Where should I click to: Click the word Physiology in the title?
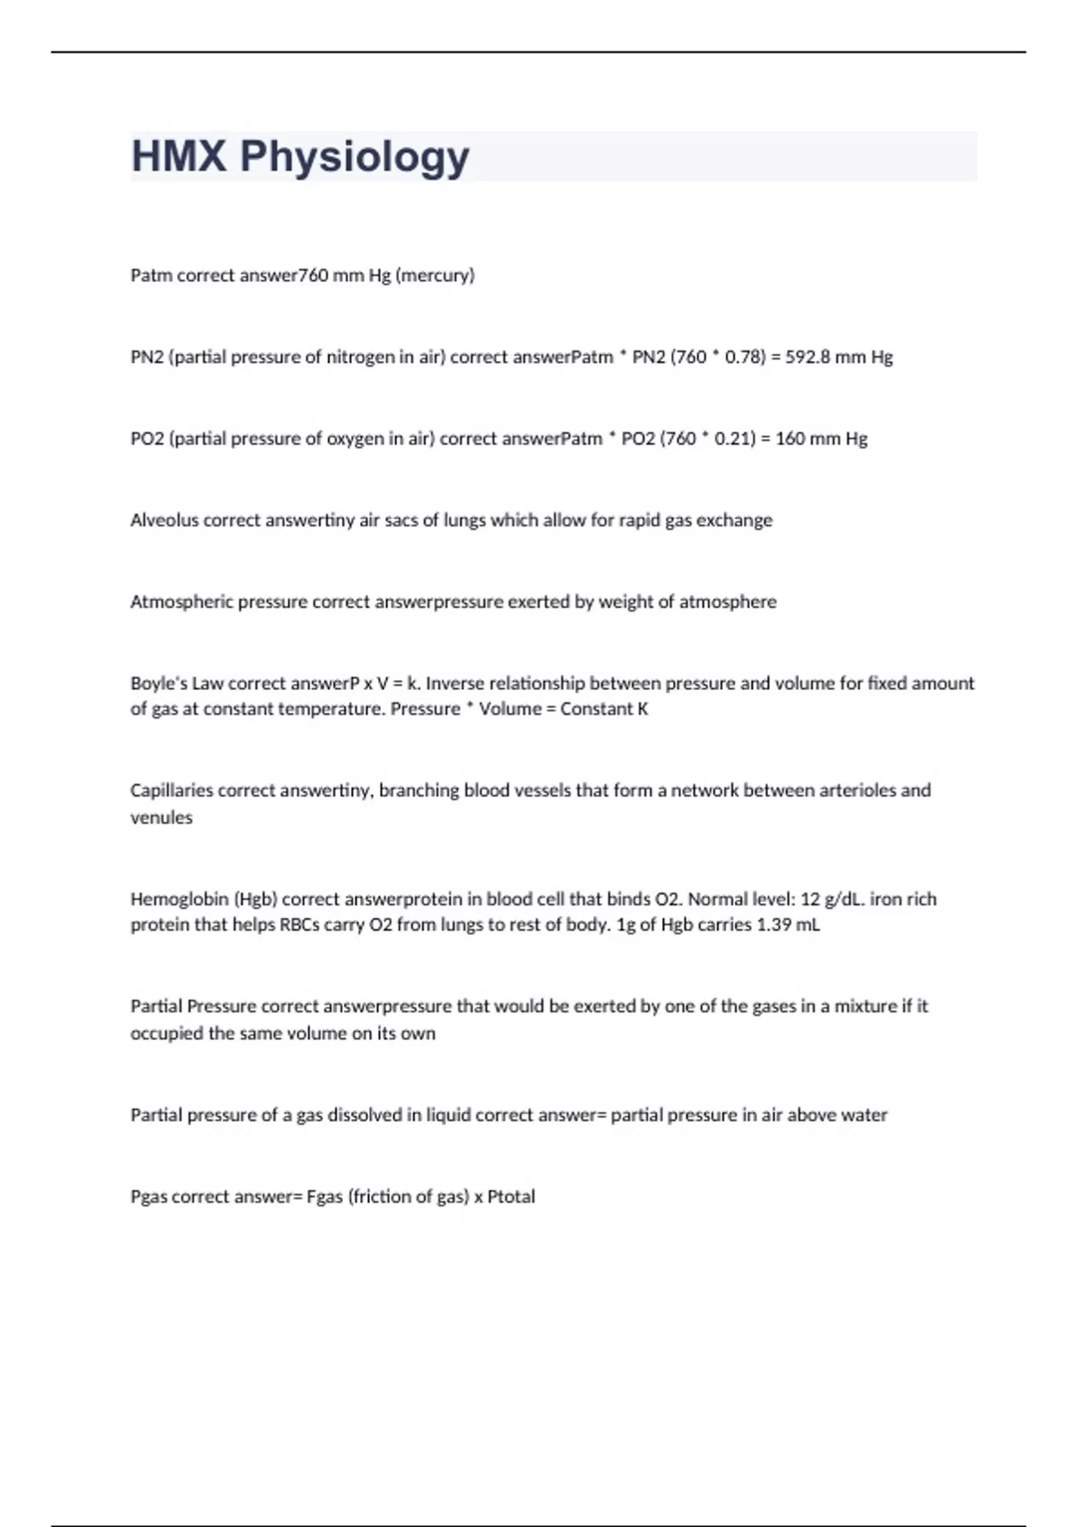coord(354,157)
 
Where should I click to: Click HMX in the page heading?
coord(179,156)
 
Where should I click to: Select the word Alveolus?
coord(164,521)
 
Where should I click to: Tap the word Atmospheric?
coord(181,602)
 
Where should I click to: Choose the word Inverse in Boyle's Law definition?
coord(456,684)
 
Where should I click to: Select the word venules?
coord(162,818)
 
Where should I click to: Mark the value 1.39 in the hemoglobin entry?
coord(774,925)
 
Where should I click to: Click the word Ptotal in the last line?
coord(511,1197)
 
